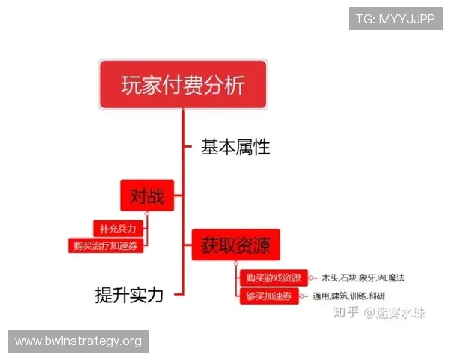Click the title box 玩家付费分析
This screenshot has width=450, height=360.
[x=183, y=84]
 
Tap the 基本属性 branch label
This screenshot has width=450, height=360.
[x=235, y=147]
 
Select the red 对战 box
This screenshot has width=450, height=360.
[x=147, y=197]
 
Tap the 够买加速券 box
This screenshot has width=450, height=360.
[x=268, y=295]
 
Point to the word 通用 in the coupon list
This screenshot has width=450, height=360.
[x=321, y=296]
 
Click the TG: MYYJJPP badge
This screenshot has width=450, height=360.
[x=395, y=19]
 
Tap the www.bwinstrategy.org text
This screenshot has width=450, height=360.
[x=78, y=341]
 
